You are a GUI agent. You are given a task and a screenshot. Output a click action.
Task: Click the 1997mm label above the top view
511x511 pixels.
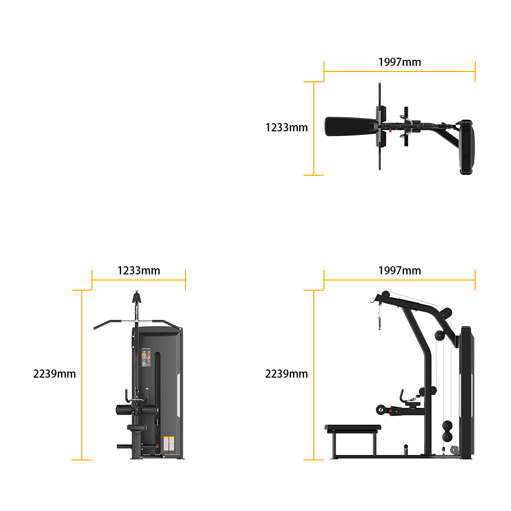[x=400, y=62]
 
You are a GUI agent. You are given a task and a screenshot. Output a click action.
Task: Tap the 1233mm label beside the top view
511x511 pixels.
[x=287, y=127]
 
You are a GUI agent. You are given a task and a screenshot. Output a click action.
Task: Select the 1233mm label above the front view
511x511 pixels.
[x=139, y=270]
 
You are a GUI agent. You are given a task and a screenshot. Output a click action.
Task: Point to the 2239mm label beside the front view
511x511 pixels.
[x=55, y=374]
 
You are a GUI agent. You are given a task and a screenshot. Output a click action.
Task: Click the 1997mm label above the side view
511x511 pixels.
[x=400, y=270]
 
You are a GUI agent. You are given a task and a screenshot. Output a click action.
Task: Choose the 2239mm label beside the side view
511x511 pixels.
[x=287, y=374]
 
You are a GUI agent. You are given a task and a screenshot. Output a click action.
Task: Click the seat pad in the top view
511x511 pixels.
[x=351, y=126]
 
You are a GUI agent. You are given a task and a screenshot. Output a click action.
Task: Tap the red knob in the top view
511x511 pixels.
[x=390, y=131]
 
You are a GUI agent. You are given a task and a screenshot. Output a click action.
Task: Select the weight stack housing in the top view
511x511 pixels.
[x=467, y=147]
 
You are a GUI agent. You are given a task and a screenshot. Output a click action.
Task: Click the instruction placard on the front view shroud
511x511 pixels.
[x=146, y=358]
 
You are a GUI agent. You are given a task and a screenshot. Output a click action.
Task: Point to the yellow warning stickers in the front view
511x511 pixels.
[x=169, y=444]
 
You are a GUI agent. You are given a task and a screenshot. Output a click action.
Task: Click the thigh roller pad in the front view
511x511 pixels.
[x=137, y=410]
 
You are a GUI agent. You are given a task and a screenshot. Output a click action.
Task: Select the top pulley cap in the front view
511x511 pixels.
[x=136, y=297]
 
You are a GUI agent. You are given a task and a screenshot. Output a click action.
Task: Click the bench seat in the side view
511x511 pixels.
[x=353, y=429]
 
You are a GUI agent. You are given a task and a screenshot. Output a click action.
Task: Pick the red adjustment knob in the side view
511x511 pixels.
[x=390, y=411]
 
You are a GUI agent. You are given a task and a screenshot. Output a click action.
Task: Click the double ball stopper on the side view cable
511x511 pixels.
[x=447, y=431]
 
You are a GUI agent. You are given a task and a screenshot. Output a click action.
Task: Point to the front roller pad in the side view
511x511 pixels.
[x=381, y=410]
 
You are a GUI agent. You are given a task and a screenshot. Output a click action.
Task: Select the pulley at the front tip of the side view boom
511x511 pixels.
[x=385, y=294]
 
